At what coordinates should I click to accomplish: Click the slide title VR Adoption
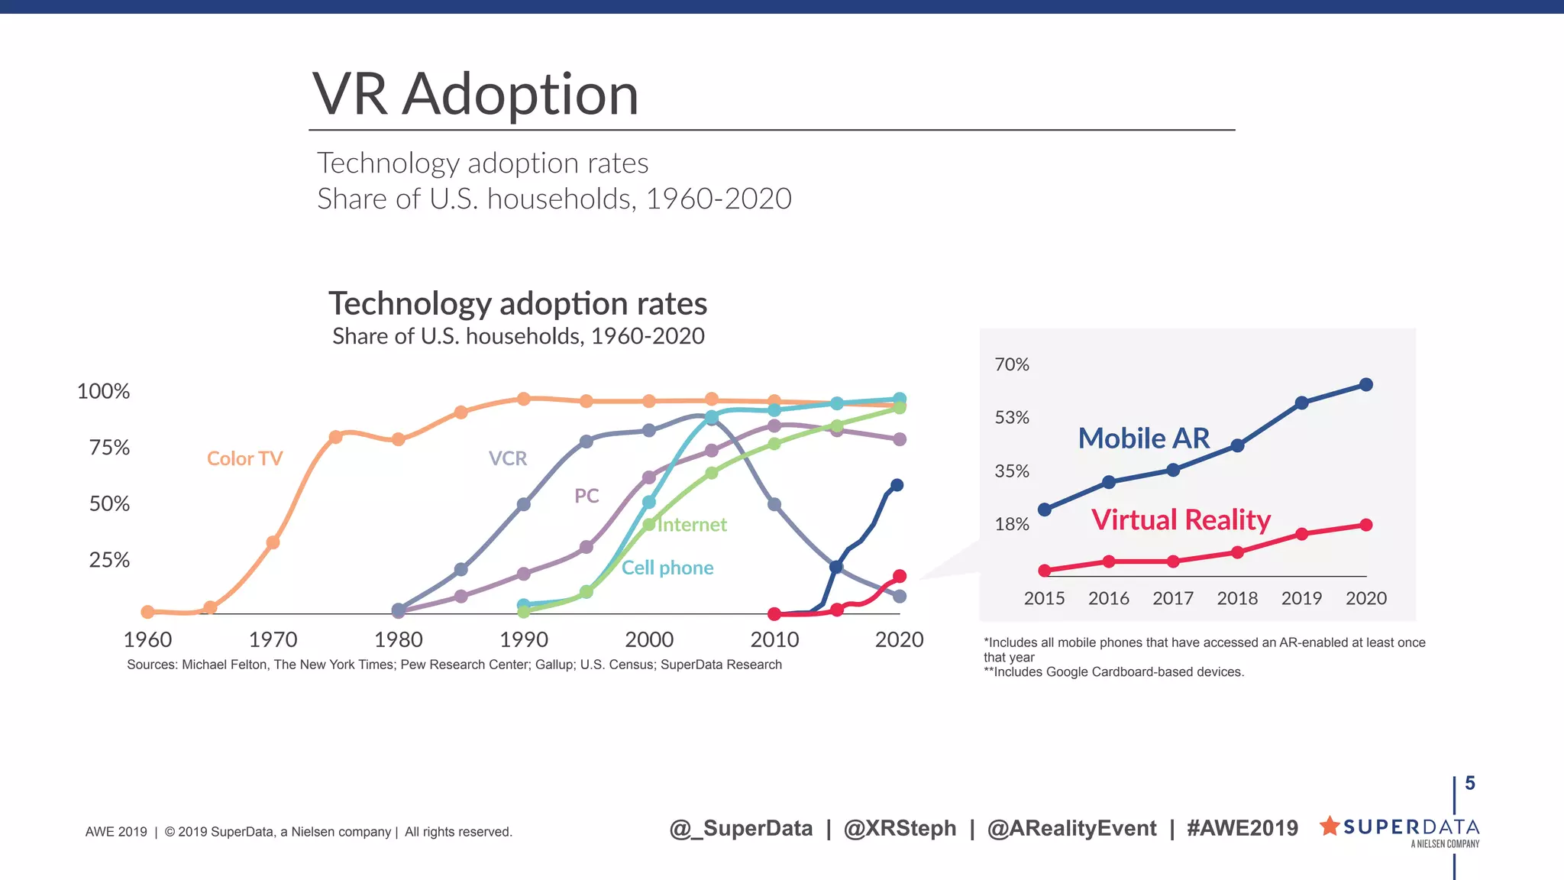coord(475,95)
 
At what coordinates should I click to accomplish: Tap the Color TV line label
coord(244,458)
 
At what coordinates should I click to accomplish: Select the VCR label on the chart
coord(508,458)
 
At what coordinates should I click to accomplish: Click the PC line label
coord(586,496)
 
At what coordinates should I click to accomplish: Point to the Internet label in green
coord(692,525)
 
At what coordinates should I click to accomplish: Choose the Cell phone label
coord(667,568)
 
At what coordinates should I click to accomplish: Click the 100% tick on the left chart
coord(103,391)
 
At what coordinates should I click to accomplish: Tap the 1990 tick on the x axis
coord(524,639)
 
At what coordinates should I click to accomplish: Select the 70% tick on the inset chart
coord(1012,364)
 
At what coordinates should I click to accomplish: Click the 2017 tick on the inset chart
coord(1173,598)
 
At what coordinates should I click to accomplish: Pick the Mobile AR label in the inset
coord(1144,438)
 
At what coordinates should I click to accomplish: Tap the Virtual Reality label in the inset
coord(1181,520)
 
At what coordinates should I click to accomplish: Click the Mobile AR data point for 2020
coord(1366,384)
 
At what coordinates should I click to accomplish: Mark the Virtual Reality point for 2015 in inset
coord(1045,571)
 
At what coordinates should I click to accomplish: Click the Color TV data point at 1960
coord(148,612)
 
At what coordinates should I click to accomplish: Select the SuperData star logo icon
coord(1330,825)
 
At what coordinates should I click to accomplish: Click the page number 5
coord(1469,783)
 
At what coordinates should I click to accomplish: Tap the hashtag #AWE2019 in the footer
coord(1242,828)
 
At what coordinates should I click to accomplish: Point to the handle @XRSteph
coord(900,828)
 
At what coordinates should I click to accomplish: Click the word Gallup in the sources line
coord(554,665)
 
